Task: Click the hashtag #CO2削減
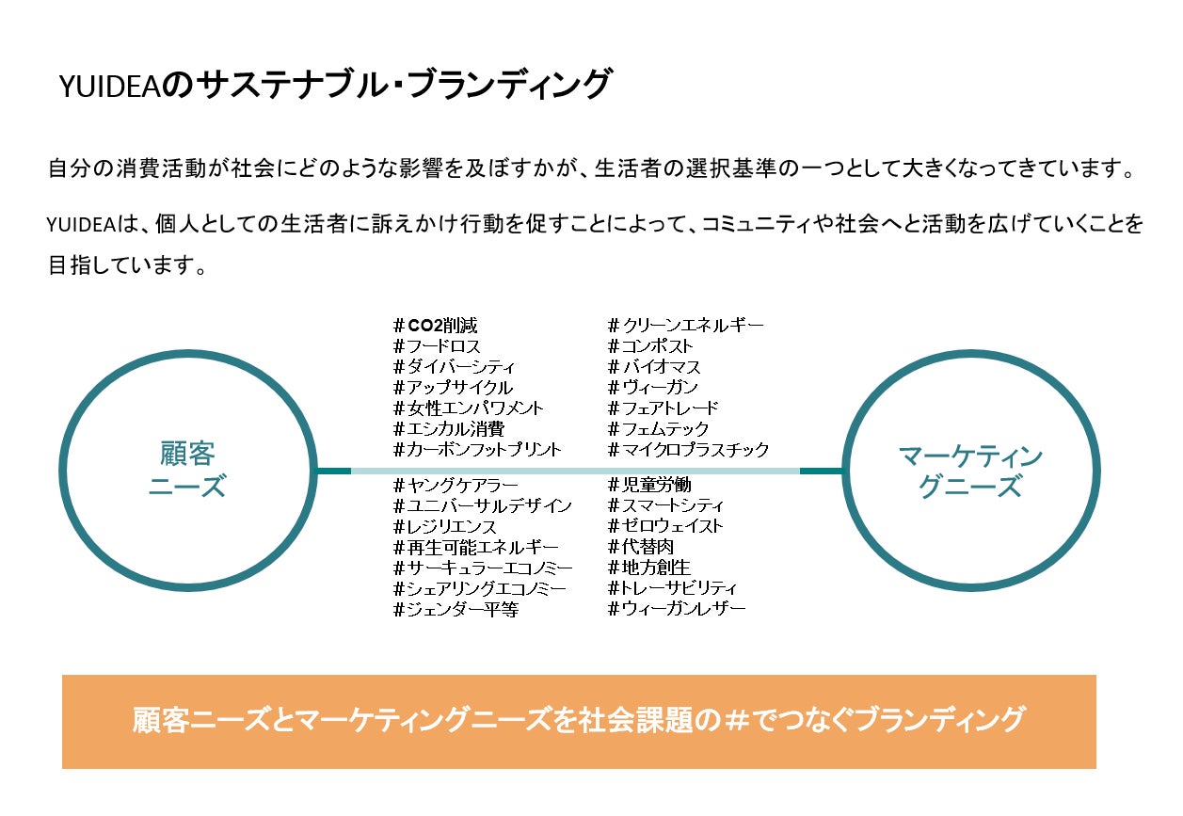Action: coord(435,326)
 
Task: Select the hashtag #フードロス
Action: coord(437,346)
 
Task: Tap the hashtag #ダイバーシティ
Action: coord(454,367)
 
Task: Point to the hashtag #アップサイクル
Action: coord(453,388)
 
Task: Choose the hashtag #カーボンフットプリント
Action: coord(477,450)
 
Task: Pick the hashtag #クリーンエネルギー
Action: coord(686,326)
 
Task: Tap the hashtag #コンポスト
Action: coord(650,346)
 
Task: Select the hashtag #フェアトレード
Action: coord(663,408)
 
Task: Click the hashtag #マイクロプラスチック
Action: coord(689,450)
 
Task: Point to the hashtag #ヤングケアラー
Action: coord(456,486)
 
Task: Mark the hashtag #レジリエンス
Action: coord(444,527)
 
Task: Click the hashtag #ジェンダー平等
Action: coord(456,610)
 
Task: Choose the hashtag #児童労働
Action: coord(649,486)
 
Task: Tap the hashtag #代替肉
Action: coord(641,548)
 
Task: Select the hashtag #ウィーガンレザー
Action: coord(677,610)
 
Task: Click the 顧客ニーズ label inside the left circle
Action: coord(188,471)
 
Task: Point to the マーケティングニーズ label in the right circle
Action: coord(970,472)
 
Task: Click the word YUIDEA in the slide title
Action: coord(111,87)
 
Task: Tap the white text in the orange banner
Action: coord(579,720)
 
